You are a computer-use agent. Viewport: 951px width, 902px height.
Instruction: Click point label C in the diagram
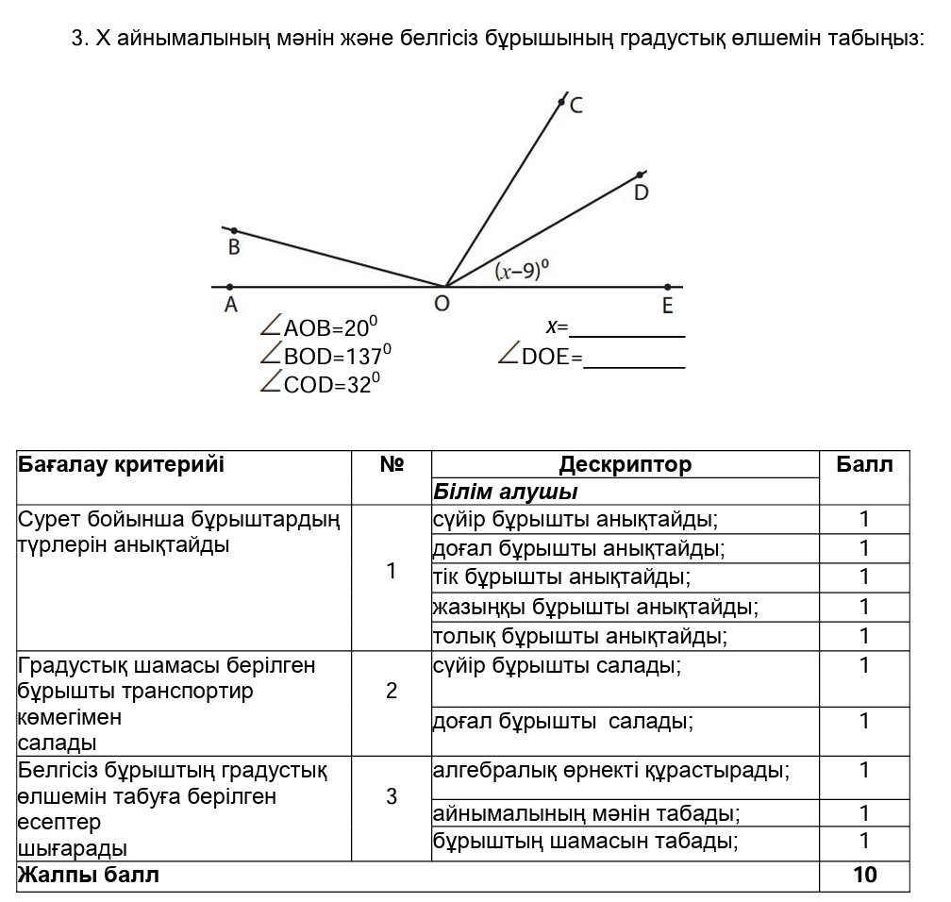coord(576,106)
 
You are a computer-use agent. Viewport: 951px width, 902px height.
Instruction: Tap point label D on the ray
coord(642,192)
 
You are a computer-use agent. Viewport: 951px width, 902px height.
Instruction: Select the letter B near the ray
coord(234,248)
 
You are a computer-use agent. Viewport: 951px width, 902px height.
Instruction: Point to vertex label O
coord(442,305)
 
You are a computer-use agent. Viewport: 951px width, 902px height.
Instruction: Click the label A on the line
coord(230,305)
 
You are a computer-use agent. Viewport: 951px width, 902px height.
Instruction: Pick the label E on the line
coord(667,305)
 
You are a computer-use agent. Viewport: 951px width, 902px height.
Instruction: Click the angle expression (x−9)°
coord(523,272)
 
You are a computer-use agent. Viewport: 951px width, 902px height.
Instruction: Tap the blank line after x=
coord(627,329)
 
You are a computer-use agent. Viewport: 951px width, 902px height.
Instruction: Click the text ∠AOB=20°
coord(319,327)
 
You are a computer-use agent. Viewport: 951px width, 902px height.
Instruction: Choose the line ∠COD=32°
coord(319,384)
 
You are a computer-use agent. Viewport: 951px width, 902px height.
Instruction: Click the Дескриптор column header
coord(625,464)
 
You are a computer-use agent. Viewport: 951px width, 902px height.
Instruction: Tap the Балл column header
coord(864,464)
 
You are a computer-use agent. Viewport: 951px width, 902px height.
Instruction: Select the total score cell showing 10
coord(864,876)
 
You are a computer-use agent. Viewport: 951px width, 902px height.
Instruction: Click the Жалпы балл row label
coord(89,876)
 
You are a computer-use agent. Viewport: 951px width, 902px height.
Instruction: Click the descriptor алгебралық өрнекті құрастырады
coord(610,771)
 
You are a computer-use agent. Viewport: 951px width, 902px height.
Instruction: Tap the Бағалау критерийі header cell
coord(122,464)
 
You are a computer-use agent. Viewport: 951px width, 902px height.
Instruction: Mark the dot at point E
coord(667,287)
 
